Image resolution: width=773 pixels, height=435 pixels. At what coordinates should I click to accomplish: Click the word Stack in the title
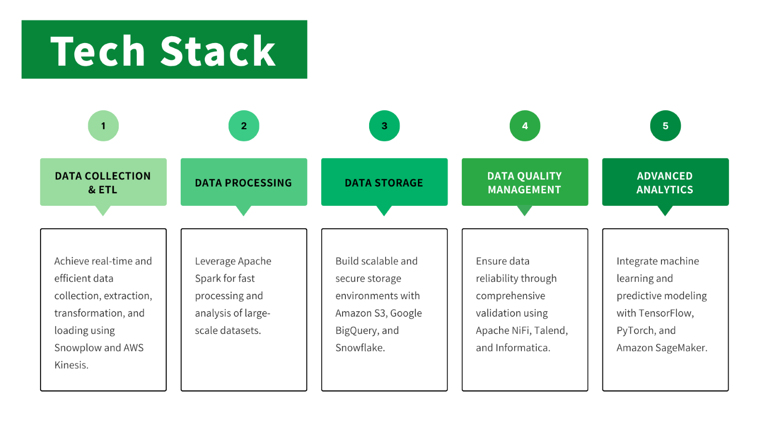pyautogui.click(x=218, y=51)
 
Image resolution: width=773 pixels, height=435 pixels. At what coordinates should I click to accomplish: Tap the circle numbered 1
pyautogui.click(x=103, y=126)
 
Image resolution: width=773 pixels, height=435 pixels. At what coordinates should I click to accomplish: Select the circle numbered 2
pyautogui.click(x=243, y=126)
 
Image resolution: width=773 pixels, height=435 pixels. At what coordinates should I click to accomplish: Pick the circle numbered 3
pyautogui.click(x=385, y=126)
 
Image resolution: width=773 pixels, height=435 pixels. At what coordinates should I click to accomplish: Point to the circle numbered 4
pyautogui.click(x=525, y=126)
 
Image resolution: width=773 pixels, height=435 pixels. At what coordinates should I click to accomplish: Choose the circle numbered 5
pyautogui.click(x=665, y=126)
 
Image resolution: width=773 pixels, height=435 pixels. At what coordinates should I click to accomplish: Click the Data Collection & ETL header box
pyautogui.click(x=103, y=182)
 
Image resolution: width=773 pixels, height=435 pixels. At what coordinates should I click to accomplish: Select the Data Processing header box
pyautogui.click(x=243, y=182)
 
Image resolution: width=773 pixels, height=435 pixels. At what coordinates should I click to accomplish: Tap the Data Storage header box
pyautogui.click(x=385, y=182)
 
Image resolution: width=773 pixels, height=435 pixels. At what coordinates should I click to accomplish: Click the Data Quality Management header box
pyautogui.click(x=525, y=182)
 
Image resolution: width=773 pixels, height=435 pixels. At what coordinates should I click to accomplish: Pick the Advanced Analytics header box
pyautogui.click(x=665, y=182)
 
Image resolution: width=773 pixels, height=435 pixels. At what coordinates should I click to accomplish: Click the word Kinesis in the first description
pyautogui.click(x=71, y=365)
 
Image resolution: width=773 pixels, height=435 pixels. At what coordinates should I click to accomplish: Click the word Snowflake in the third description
pyautogui.click(x=360, y=348)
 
